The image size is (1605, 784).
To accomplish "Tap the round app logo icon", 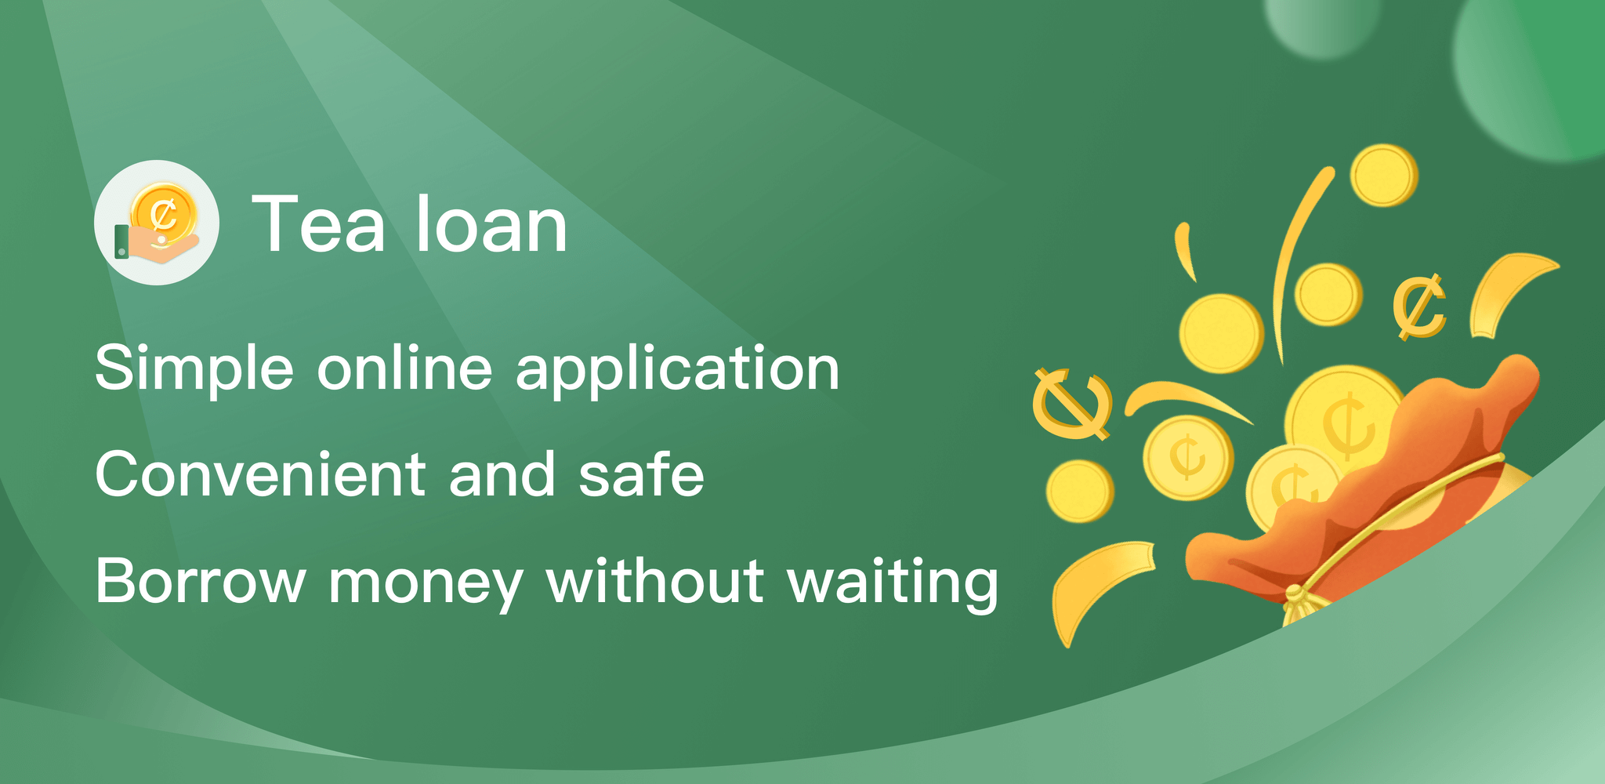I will (x=157, y=223).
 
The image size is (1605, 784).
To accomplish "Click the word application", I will (x=677, y=368).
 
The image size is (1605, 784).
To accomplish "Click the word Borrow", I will (x=201, y=581).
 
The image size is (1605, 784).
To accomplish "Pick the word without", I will (x=655, y=581).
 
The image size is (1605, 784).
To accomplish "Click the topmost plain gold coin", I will (x=1384, y=175).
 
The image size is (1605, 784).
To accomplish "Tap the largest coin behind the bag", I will (x=1344, y=419).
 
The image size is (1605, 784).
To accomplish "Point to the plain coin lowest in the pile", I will (x=1079, y=491).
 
